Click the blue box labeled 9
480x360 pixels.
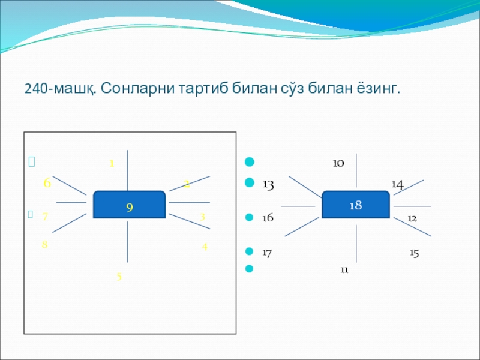tap(129, 205)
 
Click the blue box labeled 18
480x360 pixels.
tap(356, 205)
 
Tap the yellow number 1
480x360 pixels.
tap(112, 163)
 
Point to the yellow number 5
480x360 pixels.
tap(119, 277)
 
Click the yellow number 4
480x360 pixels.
tap(205, 246)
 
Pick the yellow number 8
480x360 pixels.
tap(45, 245)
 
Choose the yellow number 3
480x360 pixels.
tap(203, 217)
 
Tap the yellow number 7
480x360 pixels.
tap(45, 217)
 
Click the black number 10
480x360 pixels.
tap(338, 163)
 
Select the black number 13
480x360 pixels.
tap(268, 185)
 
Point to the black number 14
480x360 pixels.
tap(397, 184)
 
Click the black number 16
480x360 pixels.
tap(268, 217)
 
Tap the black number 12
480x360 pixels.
tap(412, 217)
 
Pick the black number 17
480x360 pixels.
tap(267, 253)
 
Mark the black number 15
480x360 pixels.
tap(414, 253)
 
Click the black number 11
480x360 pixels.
tap(344, 270)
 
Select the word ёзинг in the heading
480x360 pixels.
tap(376, 89)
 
